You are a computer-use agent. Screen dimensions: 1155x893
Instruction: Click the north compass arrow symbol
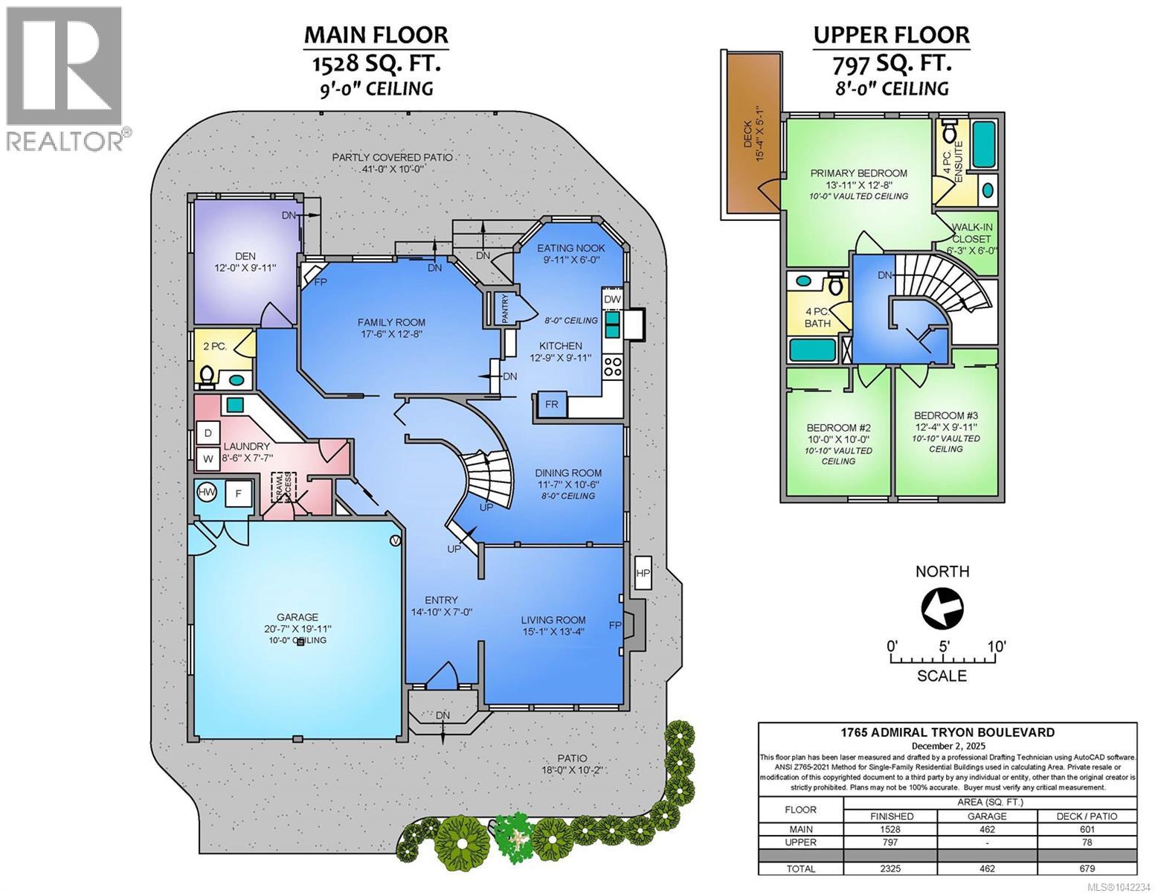(x=942, y=607)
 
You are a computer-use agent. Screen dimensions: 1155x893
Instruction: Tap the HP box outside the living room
(x=643, y=573)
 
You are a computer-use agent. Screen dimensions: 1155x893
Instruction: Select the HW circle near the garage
(x=206, y=492)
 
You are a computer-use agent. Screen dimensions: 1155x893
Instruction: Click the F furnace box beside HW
(x=239, y=493)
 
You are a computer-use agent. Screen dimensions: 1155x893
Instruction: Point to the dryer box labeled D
(x=207, y=433)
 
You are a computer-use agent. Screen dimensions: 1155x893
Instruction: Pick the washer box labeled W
(x=207, y=459)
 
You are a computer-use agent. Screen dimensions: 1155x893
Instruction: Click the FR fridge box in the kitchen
(x=552, y=404)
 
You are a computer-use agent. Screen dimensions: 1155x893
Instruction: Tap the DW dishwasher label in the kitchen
(x=612, y=299)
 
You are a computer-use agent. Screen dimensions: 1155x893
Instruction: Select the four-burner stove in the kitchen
(x=613, y=367)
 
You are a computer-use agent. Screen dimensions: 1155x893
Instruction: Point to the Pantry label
(x=505, y=308)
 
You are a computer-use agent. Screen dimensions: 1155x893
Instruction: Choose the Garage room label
(x=297, y=617)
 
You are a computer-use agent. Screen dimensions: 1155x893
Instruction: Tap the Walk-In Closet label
(x=971, y=233)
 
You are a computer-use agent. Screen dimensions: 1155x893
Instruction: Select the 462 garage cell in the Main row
(x=987, y=829)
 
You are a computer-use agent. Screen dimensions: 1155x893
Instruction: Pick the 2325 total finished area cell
(x=890, y=868)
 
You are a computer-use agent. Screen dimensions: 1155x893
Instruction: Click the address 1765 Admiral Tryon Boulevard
(x=948, y=732)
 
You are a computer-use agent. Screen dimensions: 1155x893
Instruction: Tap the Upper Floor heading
(x=892, y=35)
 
